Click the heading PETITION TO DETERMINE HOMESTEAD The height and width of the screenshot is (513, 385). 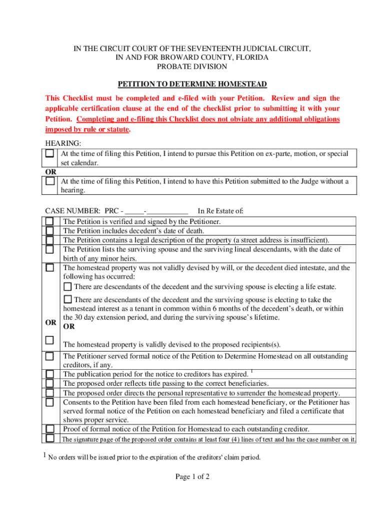(x=192, y=84)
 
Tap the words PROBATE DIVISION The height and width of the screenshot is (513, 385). (x=192, y=67)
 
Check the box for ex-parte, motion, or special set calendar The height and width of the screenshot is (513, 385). (x=50, y=154)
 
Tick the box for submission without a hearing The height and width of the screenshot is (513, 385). (x=50, y=181)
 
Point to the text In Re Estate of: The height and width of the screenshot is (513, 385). (x=220, y=211)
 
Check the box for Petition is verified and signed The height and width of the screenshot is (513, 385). (x=50, y=221)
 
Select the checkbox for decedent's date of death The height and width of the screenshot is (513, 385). (x=50, y=230)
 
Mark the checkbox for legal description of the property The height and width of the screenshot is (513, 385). (x=50, y=240)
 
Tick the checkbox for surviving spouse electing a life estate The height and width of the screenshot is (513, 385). (x=67, y=287)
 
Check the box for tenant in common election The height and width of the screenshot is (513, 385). (x=67, y=299)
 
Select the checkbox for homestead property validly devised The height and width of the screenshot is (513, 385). (x=50, y=340)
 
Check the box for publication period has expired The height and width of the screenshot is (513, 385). (x=50, y=374)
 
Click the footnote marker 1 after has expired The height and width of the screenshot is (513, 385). (x=252, y=372)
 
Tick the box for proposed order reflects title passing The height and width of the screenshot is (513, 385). (x=50, y=384)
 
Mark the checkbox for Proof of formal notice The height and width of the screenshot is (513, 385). (x=50, y=429)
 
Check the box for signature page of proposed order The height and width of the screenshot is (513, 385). (x=50, y=438)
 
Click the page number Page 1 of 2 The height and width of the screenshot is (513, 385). (x=192, y=477)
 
